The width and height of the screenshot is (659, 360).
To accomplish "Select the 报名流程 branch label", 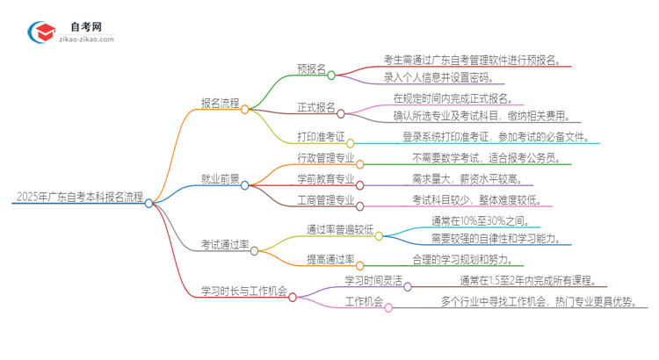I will click(215, 104).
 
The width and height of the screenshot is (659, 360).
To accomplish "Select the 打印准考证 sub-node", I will click(321, 138).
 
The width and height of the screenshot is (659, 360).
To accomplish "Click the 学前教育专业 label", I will click(326, 179).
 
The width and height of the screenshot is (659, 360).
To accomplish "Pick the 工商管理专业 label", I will click(326, 200).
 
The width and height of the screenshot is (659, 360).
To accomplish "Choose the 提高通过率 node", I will click(329, 259).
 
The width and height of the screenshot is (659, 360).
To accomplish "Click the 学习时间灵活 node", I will click(373, 280).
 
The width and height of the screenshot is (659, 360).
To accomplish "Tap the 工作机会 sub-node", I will click(364, 302).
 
